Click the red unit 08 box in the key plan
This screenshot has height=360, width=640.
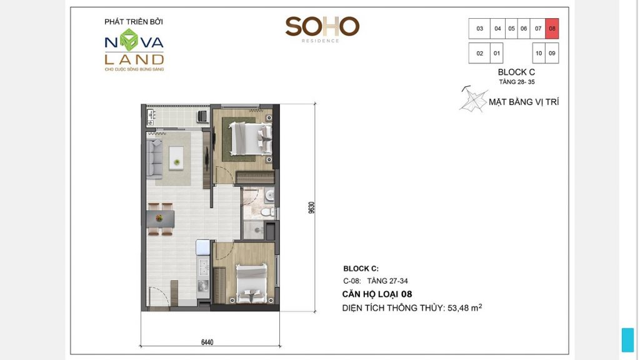551,29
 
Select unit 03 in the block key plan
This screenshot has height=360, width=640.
479,29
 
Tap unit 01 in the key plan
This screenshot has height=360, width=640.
497,53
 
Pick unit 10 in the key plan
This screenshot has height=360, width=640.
539,53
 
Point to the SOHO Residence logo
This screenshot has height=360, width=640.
322,27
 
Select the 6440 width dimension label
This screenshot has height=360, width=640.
207,342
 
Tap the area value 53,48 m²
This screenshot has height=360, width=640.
461,307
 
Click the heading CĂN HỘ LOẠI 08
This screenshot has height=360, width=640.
377,294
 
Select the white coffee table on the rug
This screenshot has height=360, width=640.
177,156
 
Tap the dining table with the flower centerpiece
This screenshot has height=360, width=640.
161,218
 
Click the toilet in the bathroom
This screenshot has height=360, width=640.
265,213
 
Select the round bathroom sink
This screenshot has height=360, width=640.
268,196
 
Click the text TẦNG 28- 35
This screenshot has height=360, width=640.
516,82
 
